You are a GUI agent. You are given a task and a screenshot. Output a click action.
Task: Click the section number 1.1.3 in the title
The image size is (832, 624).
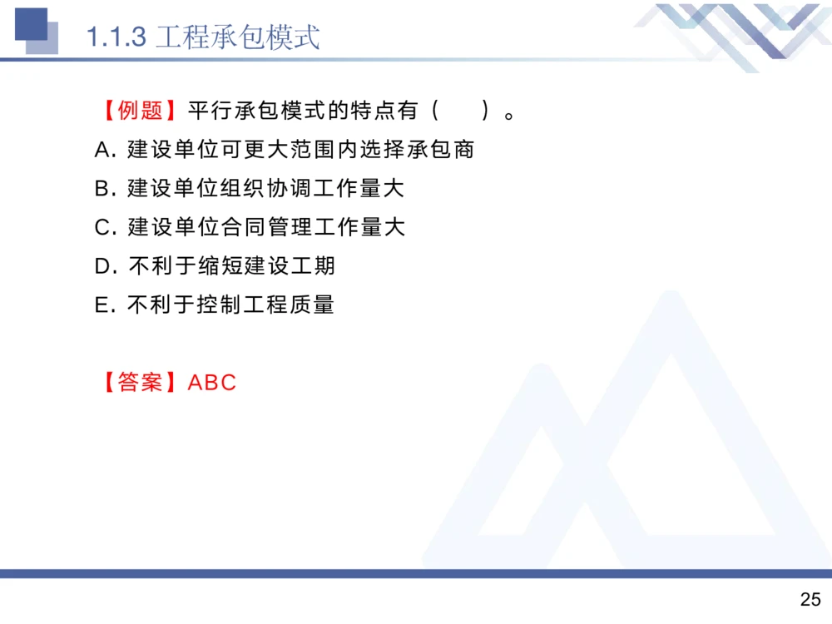click(116, 37)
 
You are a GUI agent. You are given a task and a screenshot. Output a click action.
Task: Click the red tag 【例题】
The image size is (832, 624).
click(139, 111)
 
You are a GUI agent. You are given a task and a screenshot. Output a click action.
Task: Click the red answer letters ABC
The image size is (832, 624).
click(213, 383)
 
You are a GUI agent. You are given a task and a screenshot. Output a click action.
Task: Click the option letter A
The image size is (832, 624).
click(102, 150)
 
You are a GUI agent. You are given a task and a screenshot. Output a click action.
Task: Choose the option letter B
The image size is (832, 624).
click(102, 189)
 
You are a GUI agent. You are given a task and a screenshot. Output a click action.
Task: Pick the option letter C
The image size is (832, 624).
click(102, 227)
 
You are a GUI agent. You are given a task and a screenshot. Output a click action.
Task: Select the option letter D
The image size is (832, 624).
click(103, 266)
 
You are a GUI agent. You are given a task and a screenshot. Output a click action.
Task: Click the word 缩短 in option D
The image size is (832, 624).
click(220, 266)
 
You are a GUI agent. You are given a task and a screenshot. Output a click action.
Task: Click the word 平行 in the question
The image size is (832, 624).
click(210, 111)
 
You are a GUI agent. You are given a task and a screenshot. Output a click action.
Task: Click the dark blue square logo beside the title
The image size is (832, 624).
click(31, 24)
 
